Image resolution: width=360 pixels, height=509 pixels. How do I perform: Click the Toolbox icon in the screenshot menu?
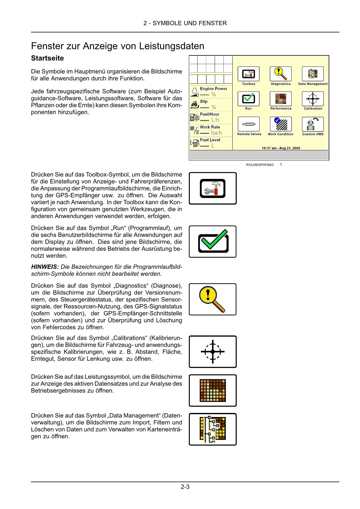click(x=249, y=74)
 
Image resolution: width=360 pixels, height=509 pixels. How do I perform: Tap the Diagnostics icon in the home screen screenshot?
click(x=281, y=74)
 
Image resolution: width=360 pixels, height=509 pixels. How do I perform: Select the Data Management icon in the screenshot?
click(x=313, y=74)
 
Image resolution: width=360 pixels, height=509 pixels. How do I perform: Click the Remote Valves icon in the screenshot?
click(x=249, y=124)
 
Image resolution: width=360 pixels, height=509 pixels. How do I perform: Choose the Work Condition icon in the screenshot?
click(x=281, y=124)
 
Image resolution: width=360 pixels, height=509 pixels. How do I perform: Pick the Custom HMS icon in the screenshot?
click(x=313, y=124)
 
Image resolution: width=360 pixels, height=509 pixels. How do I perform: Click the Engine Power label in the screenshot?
click(x=214, y=89)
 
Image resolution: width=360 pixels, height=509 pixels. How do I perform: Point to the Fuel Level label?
click(x=210, y=140)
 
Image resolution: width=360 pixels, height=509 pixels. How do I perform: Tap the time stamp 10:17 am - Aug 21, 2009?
click(x=281, y=148)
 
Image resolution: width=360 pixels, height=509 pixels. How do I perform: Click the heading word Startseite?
click(x=47, y=58)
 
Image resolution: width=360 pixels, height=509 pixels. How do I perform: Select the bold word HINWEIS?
click(x=45, y=267)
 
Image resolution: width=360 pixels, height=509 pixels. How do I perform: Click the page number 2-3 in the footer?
click(x=185, y=487)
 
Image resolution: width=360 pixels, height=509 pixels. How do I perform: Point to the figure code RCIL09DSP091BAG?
click(x=260, y=165)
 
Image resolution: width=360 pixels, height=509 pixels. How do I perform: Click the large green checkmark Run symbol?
click(x=213, y=241)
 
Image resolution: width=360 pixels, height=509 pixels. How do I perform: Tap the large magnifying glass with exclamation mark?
click(x=213, y=299)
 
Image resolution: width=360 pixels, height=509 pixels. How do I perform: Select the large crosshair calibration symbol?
click(x=213, y=352)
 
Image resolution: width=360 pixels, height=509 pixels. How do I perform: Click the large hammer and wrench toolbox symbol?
click(x=213, y=188)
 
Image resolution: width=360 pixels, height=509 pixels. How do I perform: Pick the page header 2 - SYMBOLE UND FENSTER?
click(x=185, y=23)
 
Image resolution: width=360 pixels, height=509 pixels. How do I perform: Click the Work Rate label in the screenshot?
click(x=210, y=127)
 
